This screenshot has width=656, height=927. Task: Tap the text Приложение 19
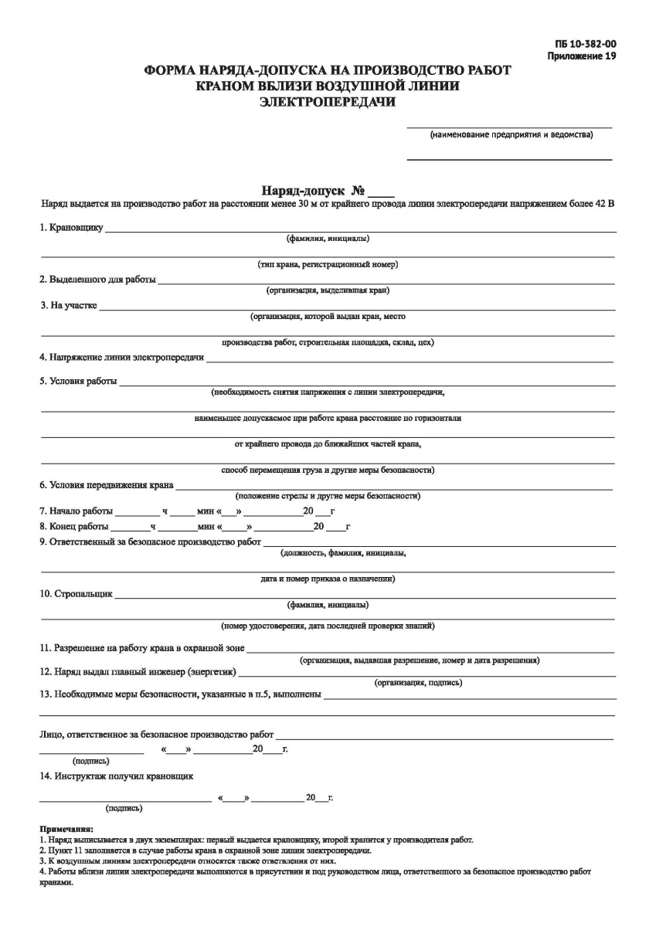coord(582,56)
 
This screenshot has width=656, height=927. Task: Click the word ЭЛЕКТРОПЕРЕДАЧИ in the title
coord(327,101)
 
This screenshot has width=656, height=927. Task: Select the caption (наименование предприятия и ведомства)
coord(511,135)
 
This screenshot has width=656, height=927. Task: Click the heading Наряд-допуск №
coord(313,190)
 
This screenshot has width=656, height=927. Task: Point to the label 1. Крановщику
coord(72,228)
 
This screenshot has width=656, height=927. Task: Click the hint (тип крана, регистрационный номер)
coord(328,264)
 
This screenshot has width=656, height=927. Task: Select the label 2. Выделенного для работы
coord(97,279)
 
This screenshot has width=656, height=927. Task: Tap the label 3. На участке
coord(68,305)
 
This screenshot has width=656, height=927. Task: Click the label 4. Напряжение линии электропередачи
coord(121,358)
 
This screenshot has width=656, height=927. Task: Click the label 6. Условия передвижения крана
coord(106,486)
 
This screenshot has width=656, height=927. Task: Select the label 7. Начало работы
coord(76,511)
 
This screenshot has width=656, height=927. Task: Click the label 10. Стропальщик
coord(76,594)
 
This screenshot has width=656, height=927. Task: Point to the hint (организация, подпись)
coord(418,683)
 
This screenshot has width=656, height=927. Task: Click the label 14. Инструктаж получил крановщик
coord(116,776)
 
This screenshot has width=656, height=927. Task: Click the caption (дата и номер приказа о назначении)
coord(328,578)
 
